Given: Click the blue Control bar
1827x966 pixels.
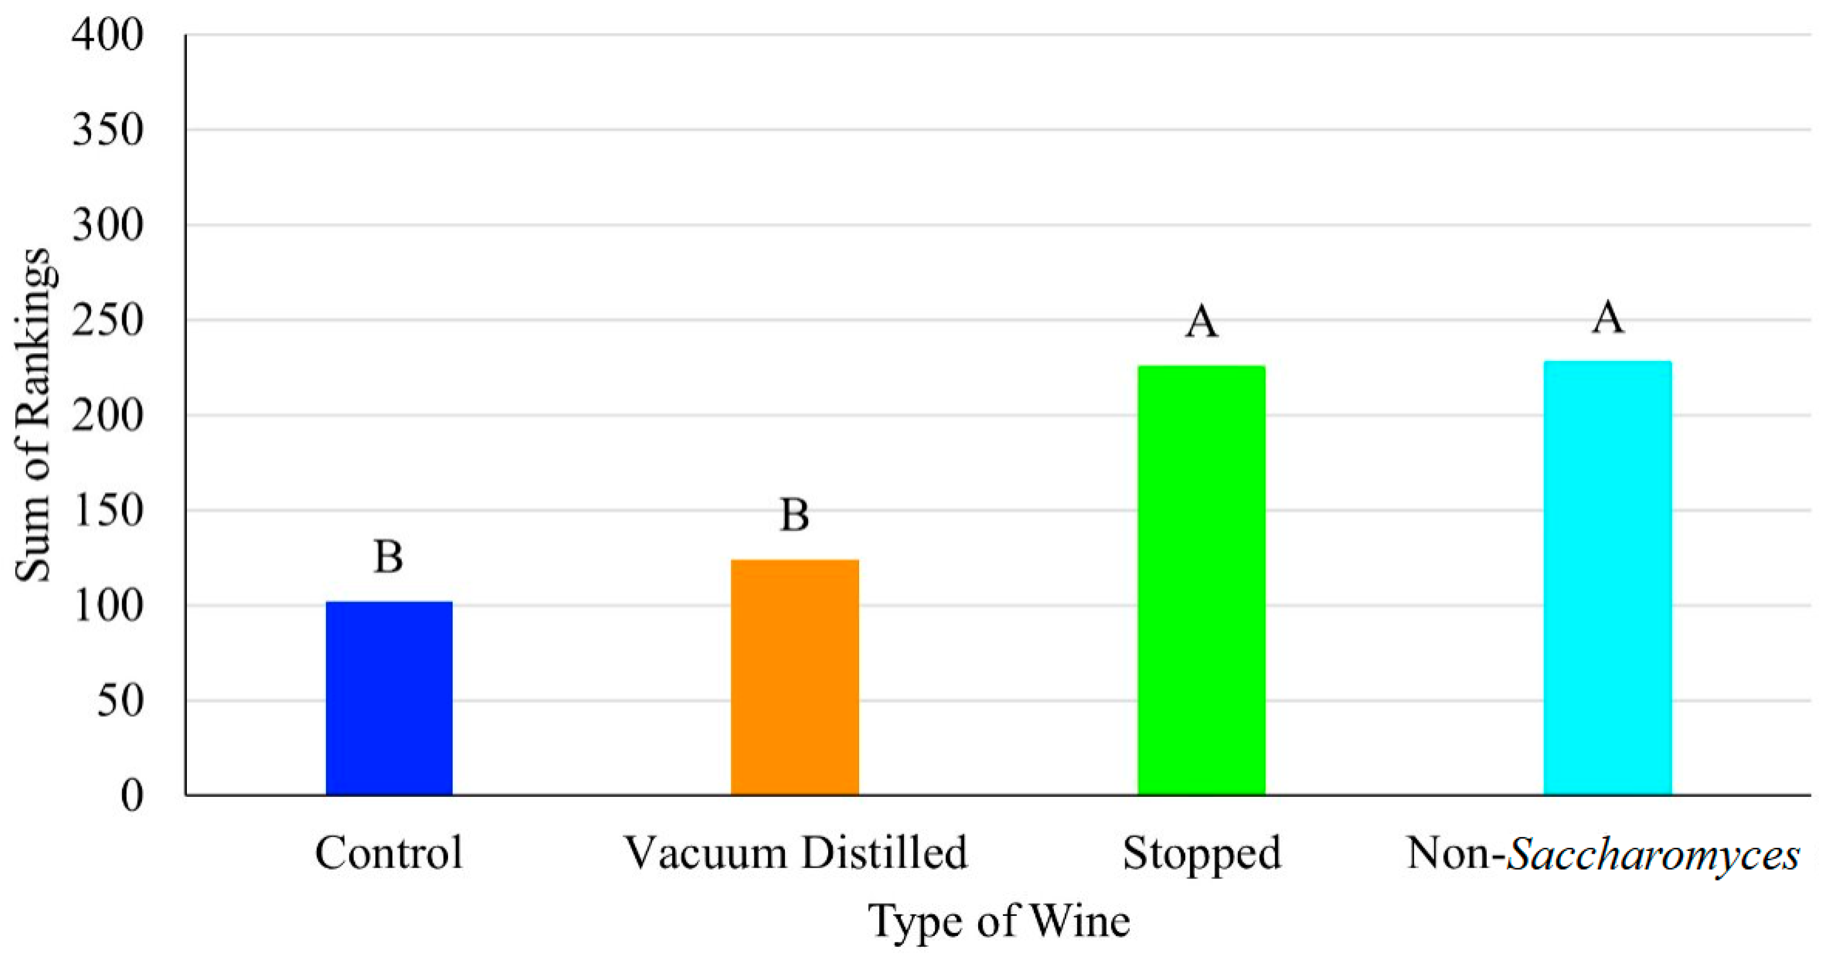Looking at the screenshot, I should [389, 698].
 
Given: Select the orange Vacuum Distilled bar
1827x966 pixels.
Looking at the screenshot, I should [794, 677].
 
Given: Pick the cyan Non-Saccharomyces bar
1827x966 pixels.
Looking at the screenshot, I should [1607, 578].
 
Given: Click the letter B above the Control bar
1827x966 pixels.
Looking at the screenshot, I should [389, 557].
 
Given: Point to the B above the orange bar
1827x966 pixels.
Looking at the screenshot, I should [794, 515].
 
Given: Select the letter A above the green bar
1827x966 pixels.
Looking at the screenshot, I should [1201, 322].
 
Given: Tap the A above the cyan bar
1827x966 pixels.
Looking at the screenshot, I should [1607, 317].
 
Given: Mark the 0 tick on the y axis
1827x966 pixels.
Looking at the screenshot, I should [132, 796].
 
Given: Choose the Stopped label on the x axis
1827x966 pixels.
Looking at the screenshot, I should [1201, 854].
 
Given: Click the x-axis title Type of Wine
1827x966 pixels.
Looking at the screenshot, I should [999, 921].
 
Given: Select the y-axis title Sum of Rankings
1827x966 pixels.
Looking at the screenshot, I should [32, 415].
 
